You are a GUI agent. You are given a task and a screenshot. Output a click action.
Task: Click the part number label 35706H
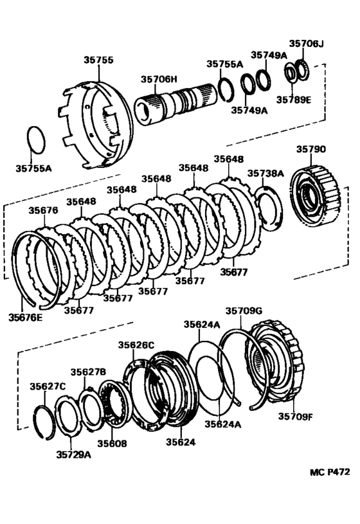click(159, 79)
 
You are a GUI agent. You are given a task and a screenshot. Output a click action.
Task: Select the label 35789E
click(294, 100)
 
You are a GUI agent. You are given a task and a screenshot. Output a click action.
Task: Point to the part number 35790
click(310, 149)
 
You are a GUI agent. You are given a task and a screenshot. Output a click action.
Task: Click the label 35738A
click(265, 173)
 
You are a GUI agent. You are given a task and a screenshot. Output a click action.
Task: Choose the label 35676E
click(26, 316)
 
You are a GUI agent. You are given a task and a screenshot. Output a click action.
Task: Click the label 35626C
click(136, 345)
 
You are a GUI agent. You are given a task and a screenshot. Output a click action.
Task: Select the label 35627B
click(88, 372)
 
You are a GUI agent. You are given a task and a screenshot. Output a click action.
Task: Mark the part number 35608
click(112, 443)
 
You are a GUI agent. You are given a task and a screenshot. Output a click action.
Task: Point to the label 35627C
click(48, 386)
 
